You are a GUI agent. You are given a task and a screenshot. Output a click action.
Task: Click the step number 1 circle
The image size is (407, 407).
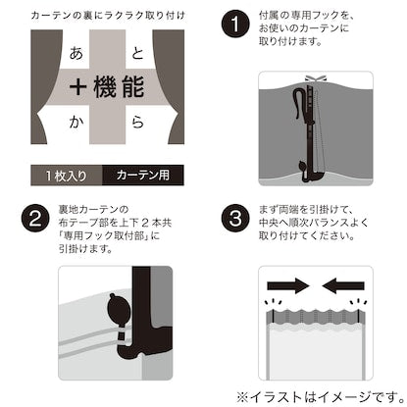click(235, 25)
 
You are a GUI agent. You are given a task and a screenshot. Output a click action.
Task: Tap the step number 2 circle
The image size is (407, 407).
click(35, 218)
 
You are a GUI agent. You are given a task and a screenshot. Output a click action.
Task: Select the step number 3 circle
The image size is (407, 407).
click(235, 218)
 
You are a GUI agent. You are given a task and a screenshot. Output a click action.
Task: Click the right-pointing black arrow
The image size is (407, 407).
click(288, 286)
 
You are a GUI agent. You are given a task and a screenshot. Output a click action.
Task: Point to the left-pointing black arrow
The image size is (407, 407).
click(343, 286)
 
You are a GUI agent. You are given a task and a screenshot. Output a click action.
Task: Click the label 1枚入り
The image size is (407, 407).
click(67, 176)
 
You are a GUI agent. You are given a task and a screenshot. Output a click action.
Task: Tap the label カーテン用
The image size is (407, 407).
click(143, 176)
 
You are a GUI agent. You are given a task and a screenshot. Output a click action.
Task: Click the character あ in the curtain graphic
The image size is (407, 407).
click(76, 53)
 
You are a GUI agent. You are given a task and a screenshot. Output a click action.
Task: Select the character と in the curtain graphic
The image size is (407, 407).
click(137, 53)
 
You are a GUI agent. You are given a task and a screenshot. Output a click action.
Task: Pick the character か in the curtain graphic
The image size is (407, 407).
click(76, 122)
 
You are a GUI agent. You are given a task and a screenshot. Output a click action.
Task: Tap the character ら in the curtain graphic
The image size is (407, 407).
click(137, 122)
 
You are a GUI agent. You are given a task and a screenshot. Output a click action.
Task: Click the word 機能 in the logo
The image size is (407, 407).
click(119, 87)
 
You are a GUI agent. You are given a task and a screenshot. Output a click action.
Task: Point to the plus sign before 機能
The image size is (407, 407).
click(78, 87)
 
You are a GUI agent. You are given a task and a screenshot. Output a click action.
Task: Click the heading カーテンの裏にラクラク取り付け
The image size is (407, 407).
click(108, 16)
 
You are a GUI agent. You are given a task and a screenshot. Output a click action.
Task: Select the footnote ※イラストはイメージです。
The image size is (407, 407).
click(321, 397)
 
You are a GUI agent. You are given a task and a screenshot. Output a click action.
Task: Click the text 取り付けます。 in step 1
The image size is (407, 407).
click(290, 42)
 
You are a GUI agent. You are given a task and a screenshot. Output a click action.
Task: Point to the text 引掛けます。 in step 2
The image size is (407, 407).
click(85, 248)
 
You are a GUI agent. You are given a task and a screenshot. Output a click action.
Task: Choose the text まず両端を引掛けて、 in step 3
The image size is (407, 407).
click(305, 210)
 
